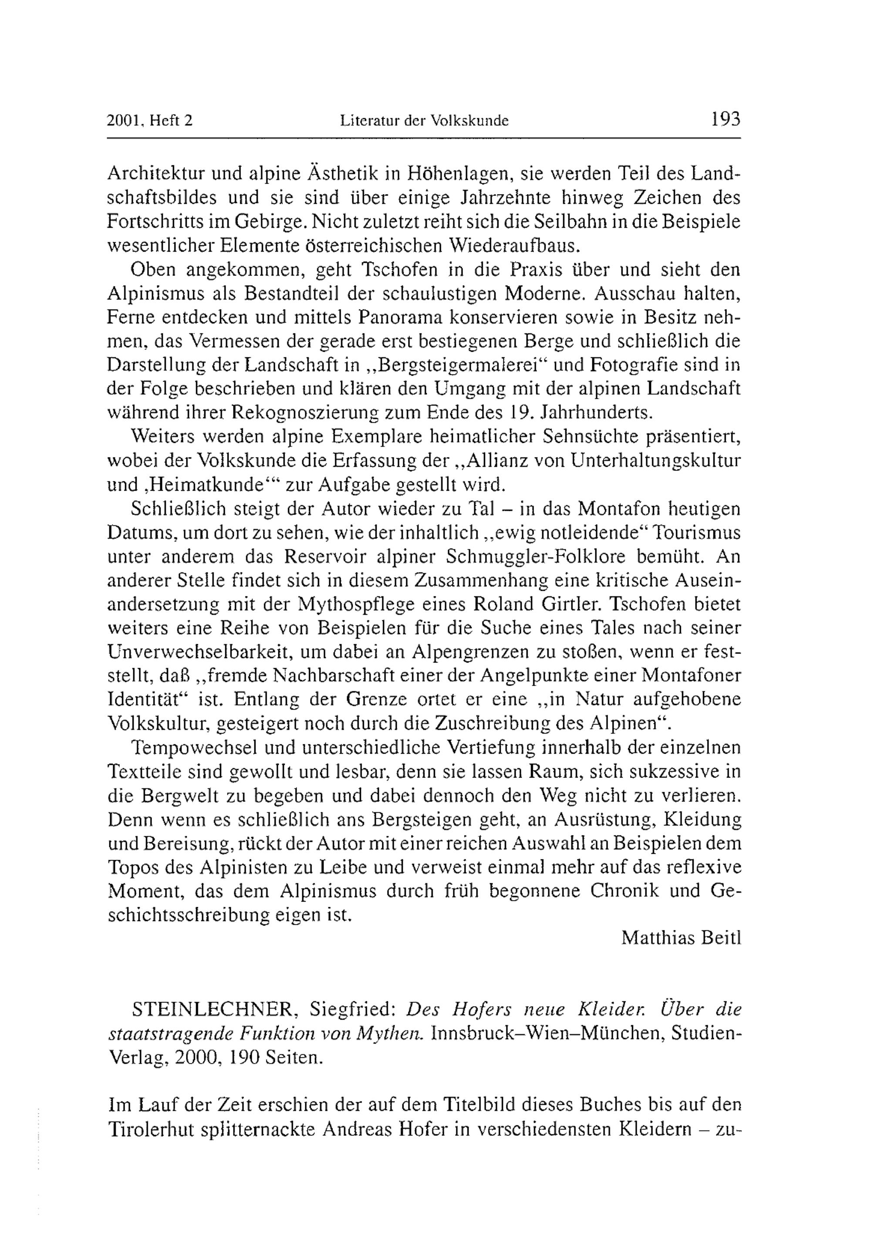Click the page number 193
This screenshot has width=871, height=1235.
pyautogui.click(x=725, y=119)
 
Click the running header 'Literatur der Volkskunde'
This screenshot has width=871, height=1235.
pyautogui.click(x=425, y=121)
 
